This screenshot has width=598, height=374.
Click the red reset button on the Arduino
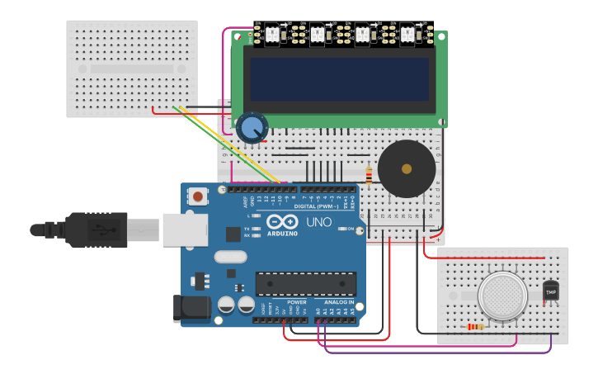(198, 196)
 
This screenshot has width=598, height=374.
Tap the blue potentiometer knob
(252, 128)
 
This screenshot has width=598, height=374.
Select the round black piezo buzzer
(406, 168)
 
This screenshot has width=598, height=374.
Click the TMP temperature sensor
(551, 291)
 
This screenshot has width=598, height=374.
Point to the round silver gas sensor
(503, 296)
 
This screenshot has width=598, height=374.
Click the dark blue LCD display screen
(339, 78)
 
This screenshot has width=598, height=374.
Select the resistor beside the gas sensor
(475, 327)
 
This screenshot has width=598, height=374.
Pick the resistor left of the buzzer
(368, 175)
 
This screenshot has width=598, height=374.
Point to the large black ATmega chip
(305, 283)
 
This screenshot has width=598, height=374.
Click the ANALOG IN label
(339, 302)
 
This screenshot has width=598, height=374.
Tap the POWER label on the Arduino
(297, 302)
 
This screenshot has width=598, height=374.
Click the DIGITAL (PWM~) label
(315, 207)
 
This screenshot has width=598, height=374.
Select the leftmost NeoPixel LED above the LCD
(271, 35)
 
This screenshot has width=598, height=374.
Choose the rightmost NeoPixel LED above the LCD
(407, 35)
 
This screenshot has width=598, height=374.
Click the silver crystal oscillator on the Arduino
(230, 257)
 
